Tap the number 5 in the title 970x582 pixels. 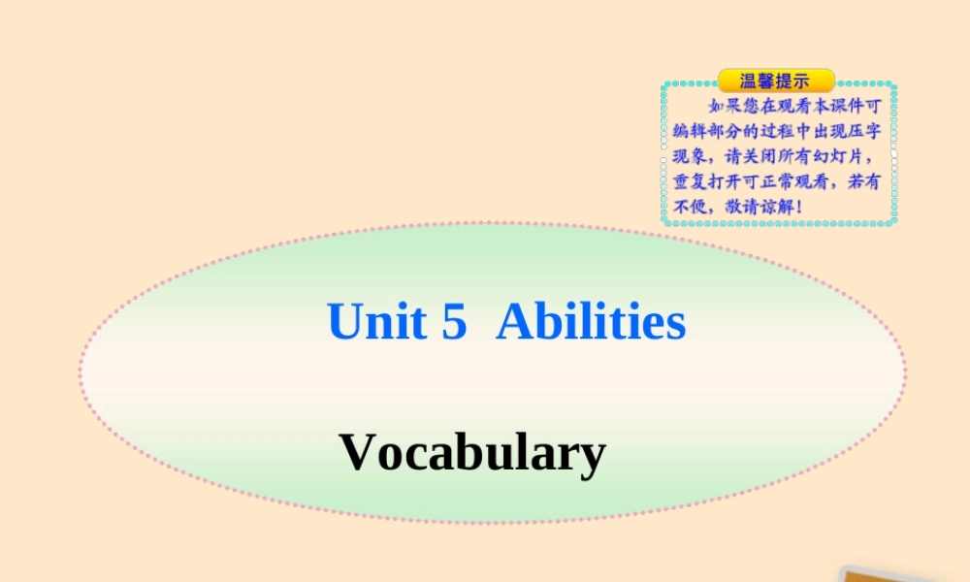pos(454,322)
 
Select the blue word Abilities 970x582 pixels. pos(591,322)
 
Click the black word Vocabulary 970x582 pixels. pos(473,452)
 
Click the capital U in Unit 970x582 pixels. pos(344,322)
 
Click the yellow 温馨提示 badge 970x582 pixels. pos(775,81)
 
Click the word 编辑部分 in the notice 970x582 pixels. pos(705,131)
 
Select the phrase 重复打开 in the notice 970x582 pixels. pos(705,181)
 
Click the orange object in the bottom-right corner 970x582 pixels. pos(902,573)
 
